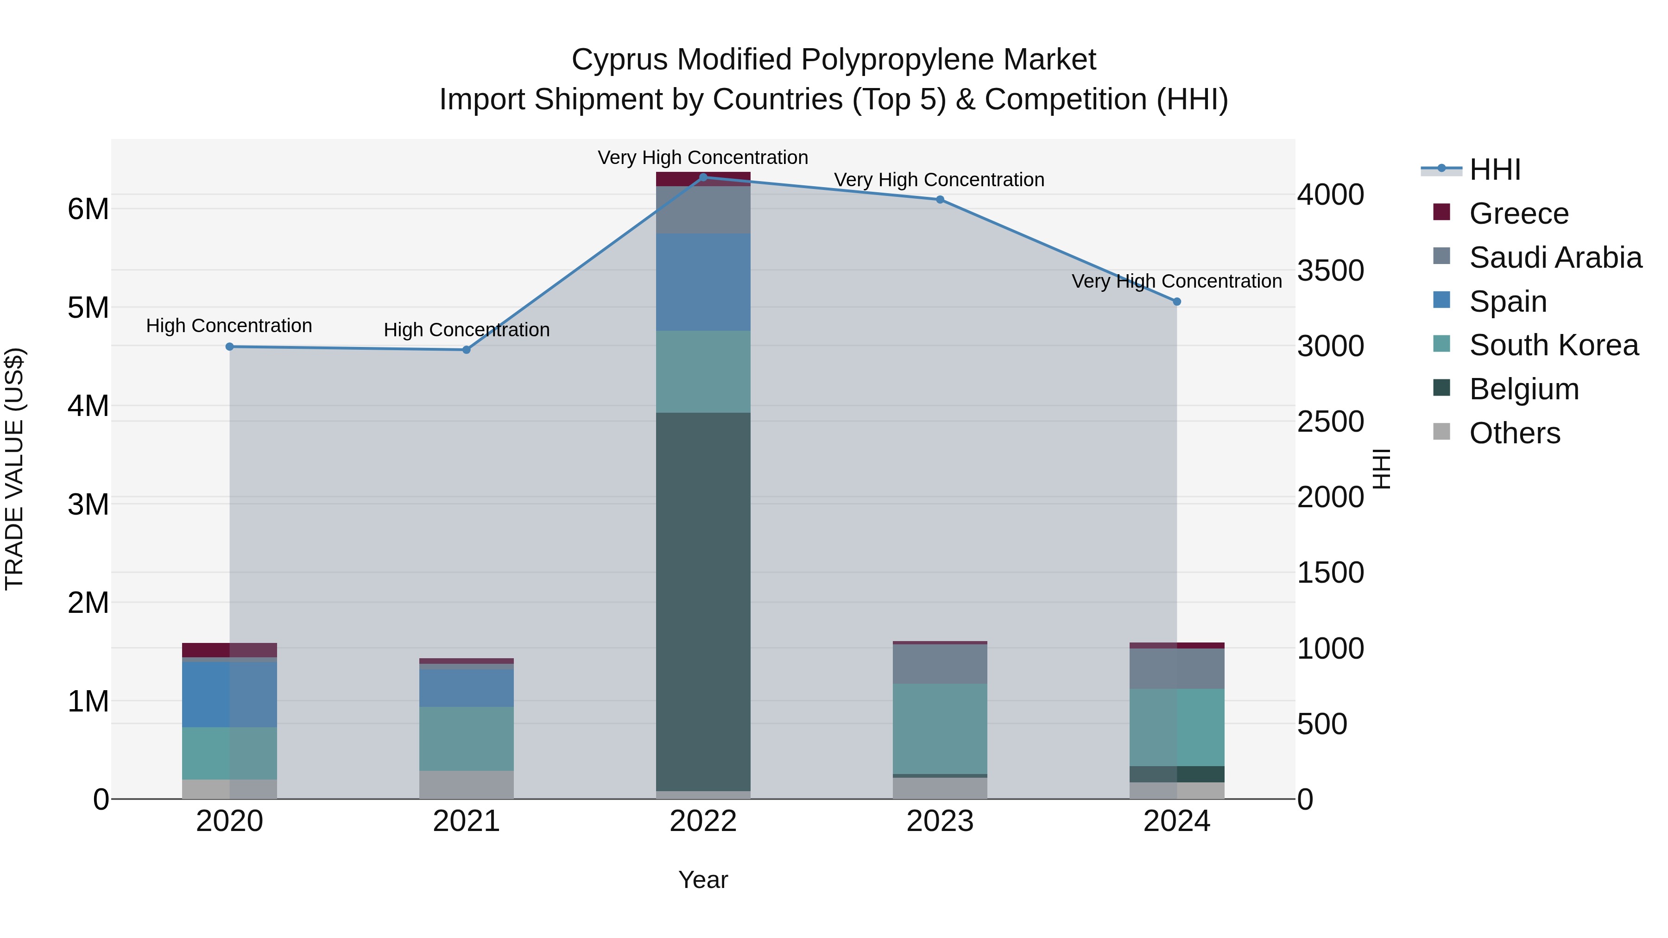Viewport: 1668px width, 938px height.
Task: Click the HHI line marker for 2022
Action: click(703, 177)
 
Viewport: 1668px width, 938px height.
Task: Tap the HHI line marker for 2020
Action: click(229, 347)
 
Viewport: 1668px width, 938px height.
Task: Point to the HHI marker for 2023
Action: click(940, 199)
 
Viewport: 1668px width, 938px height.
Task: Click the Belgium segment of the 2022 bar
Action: click(703, 602)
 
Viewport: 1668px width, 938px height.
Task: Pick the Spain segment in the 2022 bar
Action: click(703, 282)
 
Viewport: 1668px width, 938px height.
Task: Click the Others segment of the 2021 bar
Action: click(466, 785)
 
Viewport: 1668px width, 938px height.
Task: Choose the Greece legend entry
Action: click(1518, 214)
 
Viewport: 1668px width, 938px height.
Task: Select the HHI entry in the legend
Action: click(1494, 170)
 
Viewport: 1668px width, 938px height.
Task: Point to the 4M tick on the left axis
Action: click(88, 407)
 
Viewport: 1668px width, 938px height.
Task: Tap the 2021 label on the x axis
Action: click(466, 821)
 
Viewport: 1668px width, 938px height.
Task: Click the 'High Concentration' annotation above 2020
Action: click(229, 326)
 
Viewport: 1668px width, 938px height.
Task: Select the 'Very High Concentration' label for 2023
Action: click(939, 180)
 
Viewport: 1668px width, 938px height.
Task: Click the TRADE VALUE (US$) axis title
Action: click(15, 469)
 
